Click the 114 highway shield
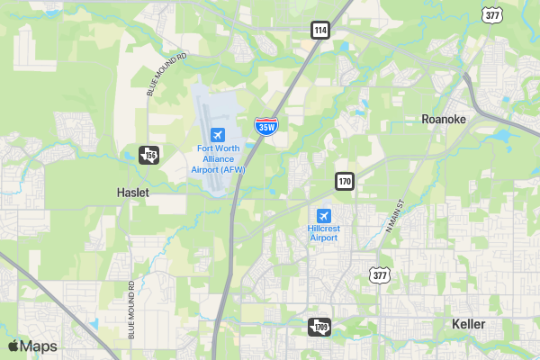(x=320, y=30)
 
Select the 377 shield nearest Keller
(x=382, y=275)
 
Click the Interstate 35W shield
(x=265, y=126)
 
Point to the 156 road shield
(x=148, y=156)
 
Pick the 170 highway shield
(x=346, y=181)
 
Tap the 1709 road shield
(x=319, y=327)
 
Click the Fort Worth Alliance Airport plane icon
(x=216, y=134)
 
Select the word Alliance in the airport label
(x=218, y=158)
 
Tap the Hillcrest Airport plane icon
(x=324, y=216)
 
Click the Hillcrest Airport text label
(x=324, y=233)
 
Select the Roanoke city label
(x=443, y=119)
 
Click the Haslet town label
(x=133, y=193)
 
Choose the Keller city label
(x=468, y=324)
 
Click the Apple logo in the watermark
(x=13, y=346)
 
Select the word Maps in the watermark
(x=39, y=346)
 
